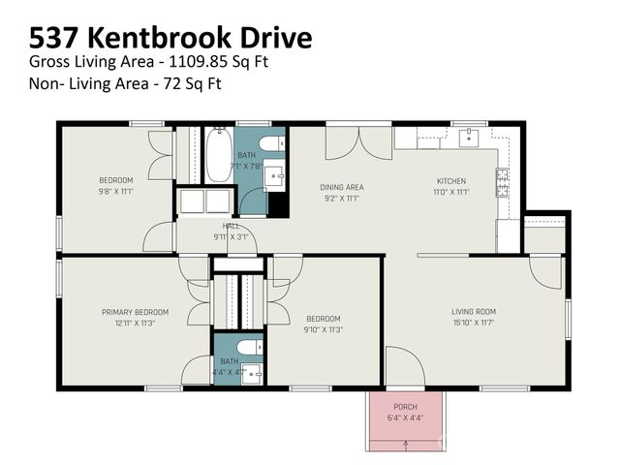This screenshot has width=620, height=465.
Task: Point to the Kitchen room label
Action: point(451,181)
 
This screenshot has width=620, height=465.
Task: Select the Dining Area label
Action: point(341,187)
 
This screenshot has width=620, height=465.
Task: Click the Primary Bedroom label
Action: point(135,312)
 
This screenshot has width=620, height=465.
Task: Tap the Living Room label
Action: point(473,312)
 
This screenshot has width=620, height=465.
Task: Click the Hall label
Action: point(231,226)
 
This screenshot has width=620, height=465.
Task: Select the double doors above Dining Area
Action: point(345,141)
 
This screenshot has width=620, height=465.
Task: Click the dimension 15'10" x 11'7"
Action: point(473,323)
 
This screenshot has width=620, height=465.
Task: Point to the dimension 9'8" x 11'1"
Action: point(116,191)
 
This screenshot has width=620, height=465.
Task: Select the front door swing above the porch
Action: point(402,365)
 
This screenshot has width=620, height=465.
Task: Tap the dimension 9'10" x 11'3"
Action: point(324,329)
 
